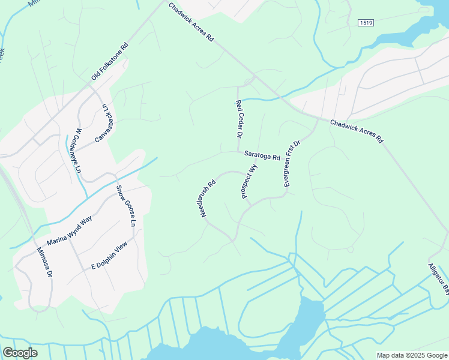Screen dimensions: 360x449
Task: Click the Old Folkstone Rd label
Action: (x=110, y=62)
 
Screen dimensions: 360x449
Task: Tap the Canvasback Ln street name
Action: (x=103, y=123)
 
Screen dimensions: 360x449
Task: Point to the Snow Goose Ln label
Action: (x=127, y=205)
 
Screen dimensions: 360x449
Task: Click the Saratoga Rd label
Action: (x=262, y=155)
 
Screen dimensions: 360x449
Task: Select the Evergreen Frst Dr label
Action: (x=291, y=164)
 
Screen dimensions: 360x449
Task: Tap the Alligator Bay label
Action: (x=439, y=278)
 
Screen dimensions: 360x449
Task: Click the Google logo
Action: (x=20, y=353)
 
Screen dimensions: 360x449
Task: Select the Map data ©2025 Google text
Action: (x=412, y=355)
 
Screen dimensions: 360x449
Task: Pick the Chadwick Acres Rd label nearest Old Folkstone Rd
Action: (x=191, y=22)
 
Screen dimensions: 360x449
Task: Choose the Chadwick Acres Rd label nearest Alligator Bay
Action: (x=357, y=130)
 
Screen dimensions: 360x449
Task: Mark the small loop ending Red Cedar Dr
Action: (x=248, y=82)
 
